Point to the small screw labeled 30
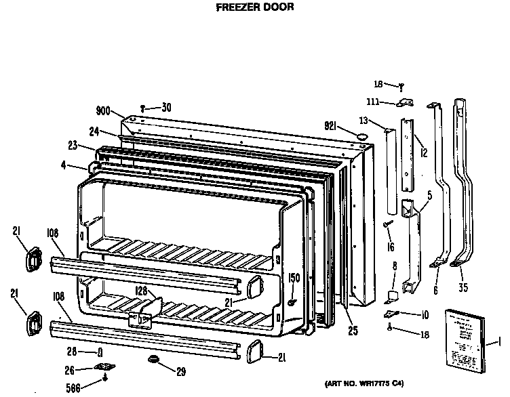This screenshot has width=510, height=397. tap(143, 107)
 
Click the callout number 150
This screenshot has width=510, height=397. tap(294, 278)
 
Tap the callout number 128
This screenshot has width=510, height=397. tap(141, 291)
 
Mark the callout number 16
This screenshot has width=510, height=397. tap(390, 248)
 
